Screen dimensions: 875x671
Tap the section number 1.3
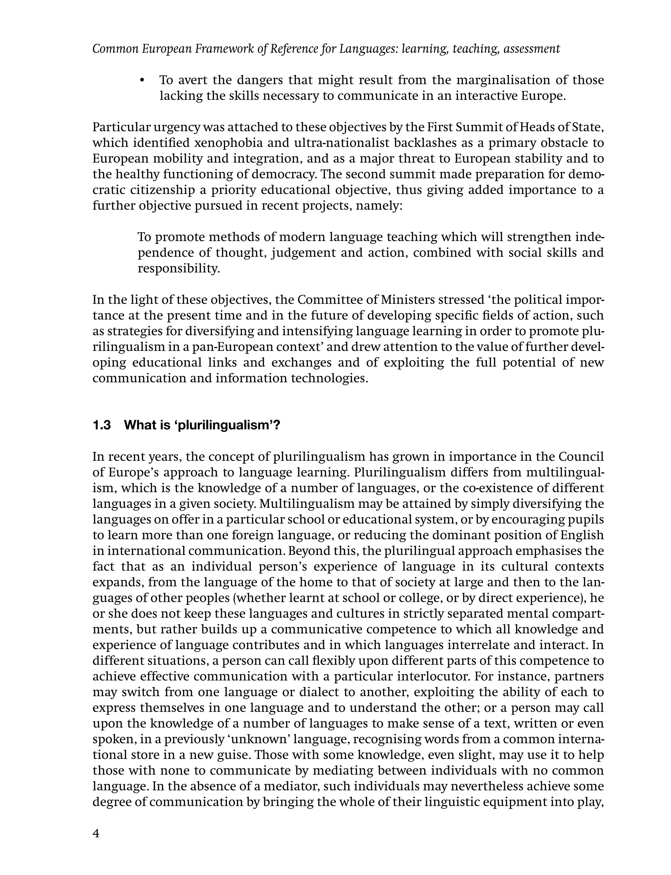102,425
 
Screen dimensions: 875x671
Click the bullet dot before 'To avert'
142,81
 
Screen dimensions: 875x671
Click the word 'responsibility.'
179,269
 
